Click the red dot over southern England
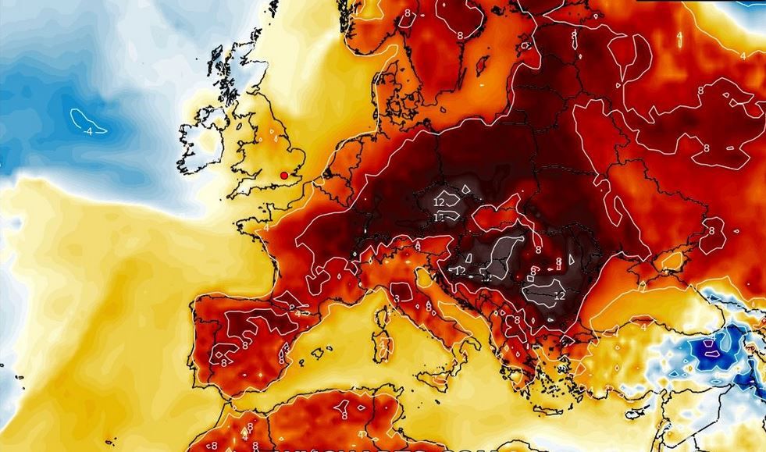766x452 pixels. point(283,176)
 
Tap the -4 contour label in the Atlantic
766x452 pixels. point(88,131)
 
